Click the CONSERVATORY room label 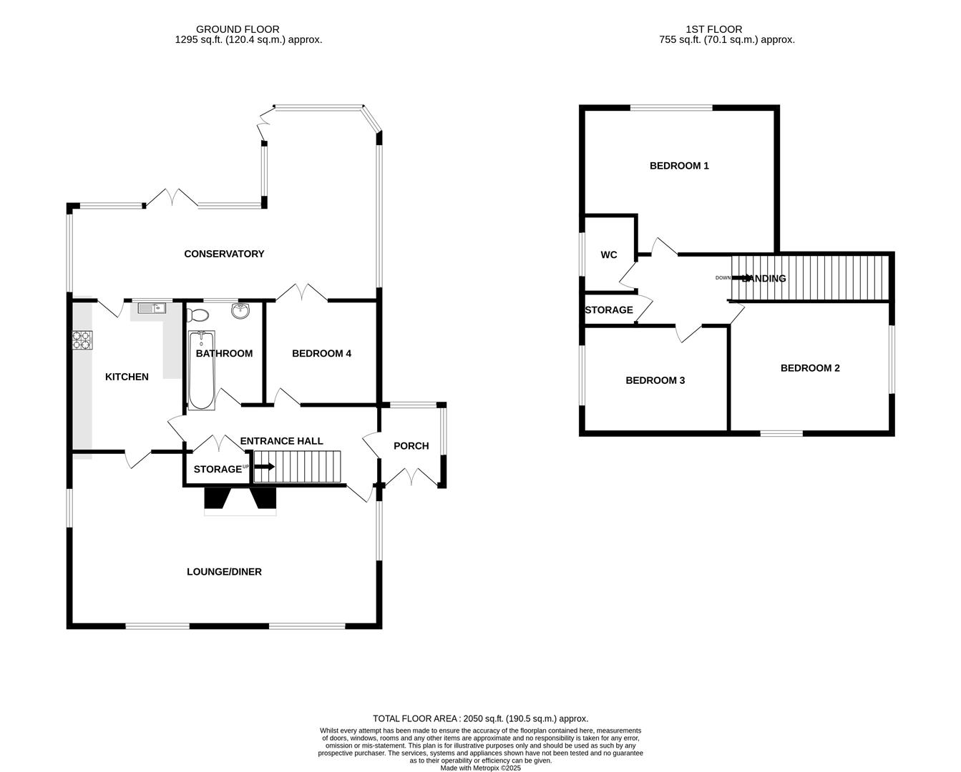(224, 254)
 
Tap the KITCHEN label (127, 377)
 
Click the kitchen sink (152, 308)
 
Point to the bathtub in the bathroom (201, 370)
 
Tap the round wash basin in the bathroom (240, 311)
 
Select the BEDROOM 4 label (321, 353)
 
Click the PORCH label (411, 446)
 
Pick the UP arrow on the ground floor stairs (263, 467)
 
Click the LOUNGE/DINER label (224, 572)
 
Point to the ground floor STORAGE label (218, 470)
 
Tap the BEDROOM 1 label (679, 166)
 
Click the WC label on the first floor (609, 255)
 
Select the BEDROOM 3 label (655, 380)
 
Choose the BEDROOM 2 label (810, 368)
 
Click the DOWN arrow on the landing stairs (741, 278)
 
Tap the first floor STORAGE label (609, 310)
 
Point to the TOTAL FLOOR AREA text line (480, 718)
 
